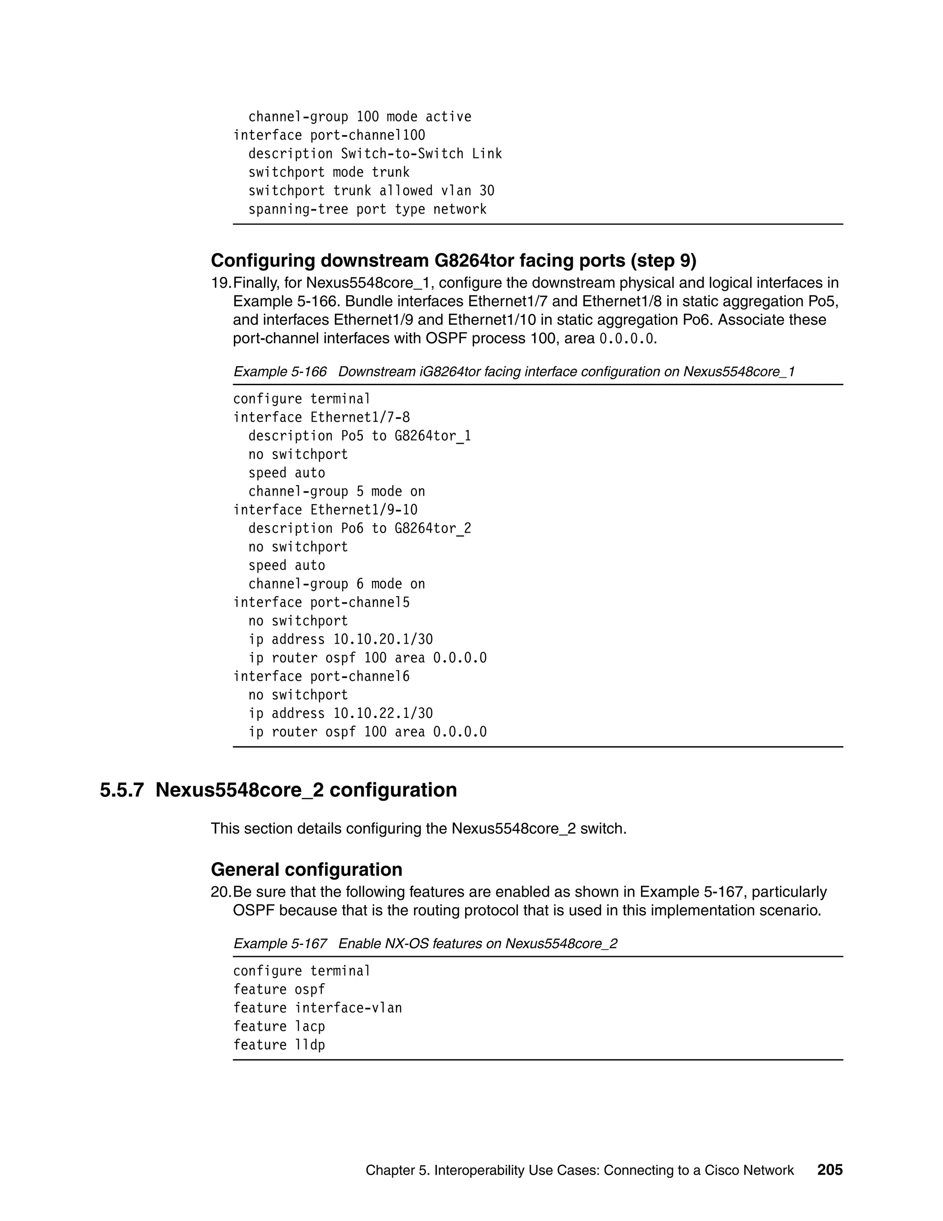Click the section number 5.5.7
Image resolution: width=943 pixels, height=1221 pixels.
[122, 790]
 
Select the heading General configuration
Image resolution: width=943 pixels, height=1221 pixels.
[306, 869]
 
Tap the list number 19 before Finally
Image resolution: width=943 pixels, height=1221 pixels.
[220, 283]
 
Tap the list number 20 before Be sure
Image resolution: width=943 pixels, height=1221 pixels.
[220, 892]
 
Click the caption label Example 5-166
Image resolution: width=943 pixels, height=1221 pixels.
[280, 372]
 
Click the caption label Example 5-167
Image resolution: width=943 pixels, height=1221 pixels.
[280, 944]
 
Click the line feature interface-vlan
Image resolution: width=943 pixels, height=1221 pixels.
[317, 1008]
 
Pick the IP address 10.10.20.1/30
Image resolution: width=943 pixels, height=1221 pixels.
[383, 640]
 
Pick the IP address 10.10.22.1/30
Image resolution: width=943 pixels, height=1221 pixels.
[383, 713]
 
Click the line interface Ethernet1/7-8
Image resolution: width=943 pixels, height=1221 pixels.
[321, 417]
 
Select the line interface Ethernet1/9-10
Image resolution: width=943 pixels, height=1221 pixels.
[325, 510]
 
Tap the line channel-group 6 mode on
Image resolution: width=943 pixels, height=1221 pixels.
[336, 584]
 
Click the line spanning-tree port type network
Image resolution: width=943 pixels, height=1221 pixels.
[367, 210]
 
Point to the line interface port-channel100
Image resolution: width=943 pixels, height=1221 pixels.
[329, 135]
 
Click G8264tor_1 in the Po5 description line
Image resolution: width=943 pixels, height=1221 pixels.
[432, 436]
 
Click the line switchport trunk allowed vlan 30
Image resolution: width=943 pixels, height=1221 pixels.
[371, 191]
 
